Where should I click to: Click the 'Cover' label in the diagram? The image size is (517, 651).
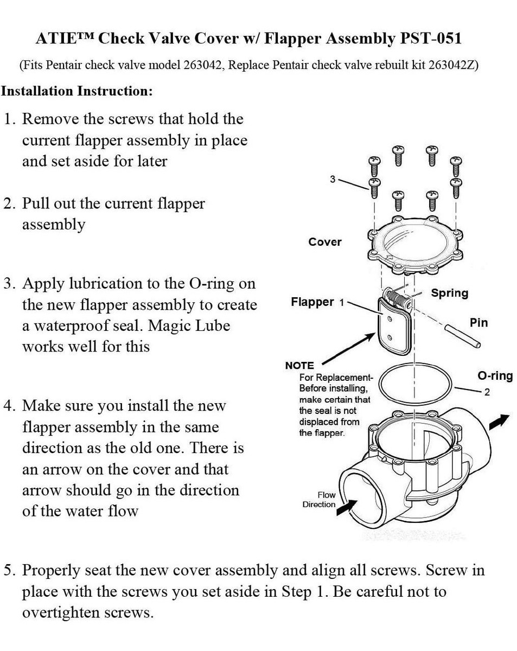325,242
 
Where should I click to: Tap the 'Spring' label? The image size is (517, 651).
449,293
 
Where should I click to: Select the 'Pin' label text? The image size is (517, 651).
478,323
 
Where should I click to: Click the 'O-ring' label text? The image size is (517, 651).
495,375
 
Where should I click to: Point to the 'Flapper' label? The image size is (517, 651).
312,302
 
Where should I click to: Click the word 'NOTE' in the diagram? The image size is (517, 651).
299,366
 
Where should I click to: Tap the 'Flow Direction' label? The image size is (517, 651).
320,500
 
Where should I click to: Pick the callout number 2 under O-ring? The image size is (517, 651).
487,393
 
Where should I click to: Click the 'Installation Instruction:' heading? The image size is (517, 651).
76,91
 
